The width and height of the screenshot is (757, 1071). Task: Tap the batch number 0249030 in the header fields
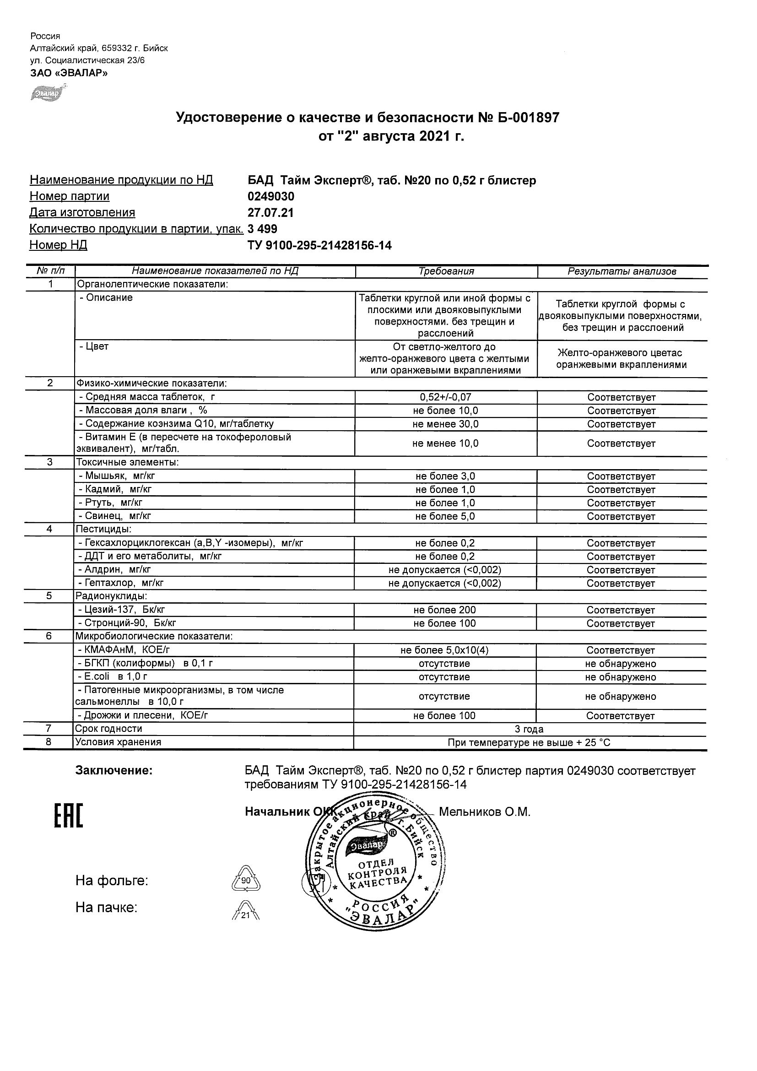click(x=271, y=196)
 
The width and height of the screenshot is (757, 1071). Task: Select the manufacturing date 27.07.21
click(x=270, y=213)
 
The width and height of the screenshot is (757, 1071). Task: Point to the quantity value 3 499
click(x=263, y=229)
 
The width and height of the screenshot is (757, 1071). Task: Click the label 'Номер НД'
click(x=58, y=245)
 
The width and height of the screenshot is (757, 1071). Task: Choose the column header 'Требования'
click(x=446, y=271)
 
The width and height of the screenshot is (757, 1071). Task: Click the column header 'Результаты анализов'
click(x=622, y=271)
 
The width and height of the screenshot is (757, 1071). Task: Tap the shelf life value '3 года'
click(x=529, y=729)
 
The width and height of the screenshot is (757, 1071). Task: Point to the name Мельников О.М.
click(x=485, y=812)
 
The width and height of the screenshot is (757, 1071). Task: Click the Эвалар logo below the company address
click(x=47, y=94)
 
